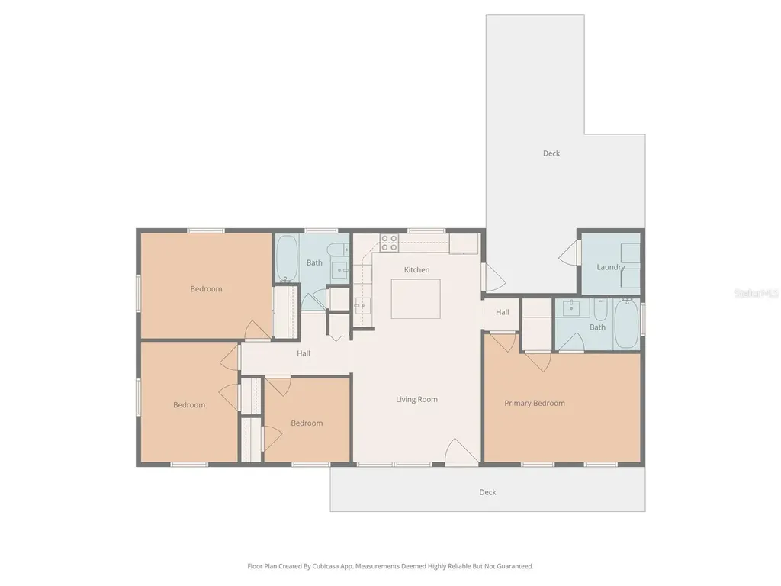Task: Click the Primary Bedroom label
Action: click(535, 403)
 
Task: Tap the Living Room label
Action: click(416, 399)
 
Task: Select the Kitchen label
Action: click(416, 269)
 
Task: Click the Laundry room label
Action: click(611, 267)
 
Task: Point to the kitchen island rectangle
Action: click(416, 298)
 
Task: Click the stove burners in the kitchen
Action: click(389, 243)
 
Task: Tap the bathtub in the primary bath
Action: click(627, 324)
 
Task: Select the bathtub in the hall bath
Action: click(287, 259)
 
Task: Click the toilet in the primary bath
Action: click(601, 310)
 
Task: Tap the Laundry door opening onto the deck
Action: click(570, 253)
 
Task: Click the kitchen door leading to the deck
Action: click(494, 278)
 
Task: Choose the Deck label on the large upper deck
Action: click(551, 153)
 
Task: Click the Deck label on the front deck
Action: click(487, 492)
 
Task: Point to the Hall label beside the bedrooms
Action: click(304, 353)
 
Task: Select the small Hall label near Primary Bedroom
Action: click(502, 312)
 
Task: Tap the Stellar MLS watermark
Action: click(757, 294)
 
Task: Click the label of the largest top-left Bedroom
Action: click(206, 289)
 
